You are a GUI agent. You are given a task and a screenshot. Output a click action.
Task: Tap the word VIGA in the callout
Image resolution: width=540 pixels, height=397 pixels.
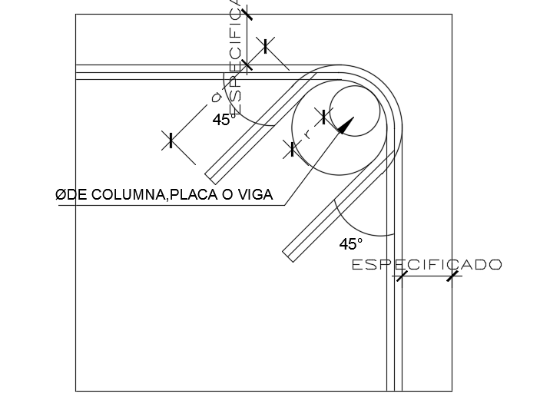pyautogui.click(x=257, y=195)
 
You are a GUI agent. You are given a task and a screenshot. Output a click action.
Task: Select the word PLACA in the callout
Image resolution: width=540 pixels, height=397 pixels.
pyautogui.click(x=194, y=195)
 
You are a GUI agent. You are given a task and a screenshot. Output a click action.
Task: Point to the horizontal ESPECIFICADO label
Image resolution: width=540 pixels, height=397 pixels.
pyautogui.click(x=426, y=265)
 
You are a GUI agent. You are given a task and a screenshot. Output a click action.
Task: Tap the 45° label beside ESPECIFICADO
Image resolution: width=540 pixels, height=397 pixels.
pyautogui.click(x=351, y=244)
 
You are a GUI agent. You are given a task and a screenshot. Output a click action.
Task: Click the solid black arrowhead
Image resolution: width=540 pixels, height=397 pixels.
pyautogui.click(x=345, y=125)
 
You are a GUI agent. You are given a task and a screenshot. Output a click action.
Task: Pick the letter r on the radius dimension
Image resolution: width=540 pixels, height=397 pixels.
pyautogui.click(x=307, y=134)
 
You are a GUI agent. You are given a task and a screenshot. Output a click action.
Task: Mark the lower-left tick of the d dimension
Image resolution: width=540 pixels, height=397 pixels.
pyautogui.click(x=171, y=140)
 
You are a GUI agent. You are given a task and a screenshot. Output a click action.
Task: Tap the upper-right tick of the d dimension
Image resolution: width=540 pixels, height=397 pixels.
pyautogui.click(x=266, y=46)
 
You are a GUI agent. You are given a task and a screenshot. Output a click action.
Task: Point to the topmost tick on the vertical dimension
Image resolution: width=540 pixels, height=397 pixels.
pyautogui.click(x=247, y=13)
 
